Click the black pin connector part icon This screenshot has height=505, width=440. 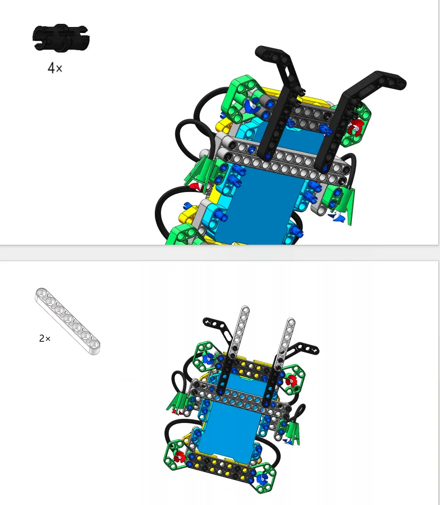click(x=61, y=38)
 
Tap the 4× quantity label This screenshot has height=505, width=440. click(x=55, y=68)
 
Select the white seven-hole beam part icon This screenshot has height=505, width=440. click(x=67, y=321)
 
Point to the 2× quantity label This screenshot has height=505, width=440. click(x=45, y=338)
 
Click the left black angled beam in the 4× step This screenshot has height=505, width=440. click(x=280, y=97)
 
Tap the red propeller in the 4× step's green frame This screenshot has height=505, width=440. click(x=356, y=128)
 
